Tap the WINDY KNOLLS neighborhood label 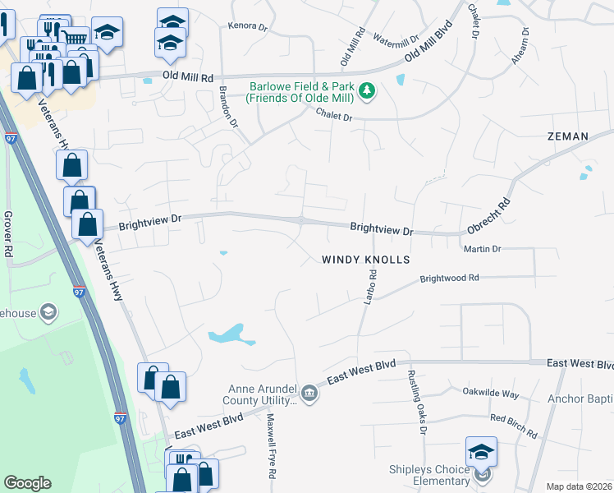point(364,259)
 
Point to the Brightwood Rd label point(449,279)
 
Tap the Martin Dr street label point(482,248)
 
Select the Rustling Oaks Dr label point(416,401)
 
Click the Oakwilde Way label point(491,394)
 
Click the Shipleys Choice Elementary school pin point(482,451)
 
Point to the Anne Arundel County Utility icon point(309,393)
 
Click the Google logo point(28,483)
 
